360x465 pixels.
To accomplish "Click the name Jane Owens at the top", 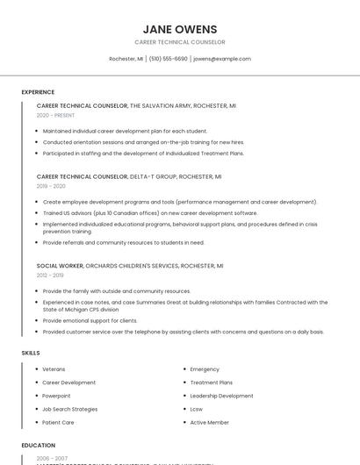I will click(x=180, y=29).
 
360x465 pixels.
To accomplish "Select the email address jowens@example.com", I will click(x=222, y=59).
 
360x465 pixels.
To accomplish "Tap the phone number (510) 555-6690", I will click(x=168, y=59).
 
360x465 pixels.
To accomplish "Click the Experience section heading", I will click(x=38, y=92).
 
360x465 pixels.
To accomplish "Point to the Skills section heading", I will click(x=31, y=353).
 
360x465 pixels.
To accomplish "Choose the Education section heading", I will click(x=39, y=445).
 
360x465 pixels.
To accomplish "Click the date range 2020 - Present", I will click(x=55, y=115).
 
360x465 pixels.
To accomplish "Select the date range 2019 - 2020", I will click(x=51, y=186).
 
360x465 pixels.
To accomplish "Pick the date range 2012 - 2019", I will click(x=50, y=275).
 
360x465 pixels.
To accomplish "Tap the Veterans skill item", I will click(x=54, y=369).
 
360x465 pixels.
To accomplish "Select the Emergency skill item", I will click(x=205, y=369).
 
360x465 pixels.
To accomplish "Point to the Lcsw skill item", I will click(x=197, y=409).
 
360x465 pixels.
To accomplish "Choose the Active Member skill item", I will click(x=209, y=422).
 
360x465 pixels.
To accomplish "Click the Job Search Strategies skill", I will click(x=70, y=409).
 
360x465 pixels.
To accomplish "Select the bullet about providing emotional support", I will click(x=90, y=320).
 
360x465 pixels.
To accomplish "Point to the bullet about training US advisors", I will click(x=150, y=213).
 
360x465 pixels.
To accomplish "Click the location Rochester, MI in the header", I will click(x=126, y=59).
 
